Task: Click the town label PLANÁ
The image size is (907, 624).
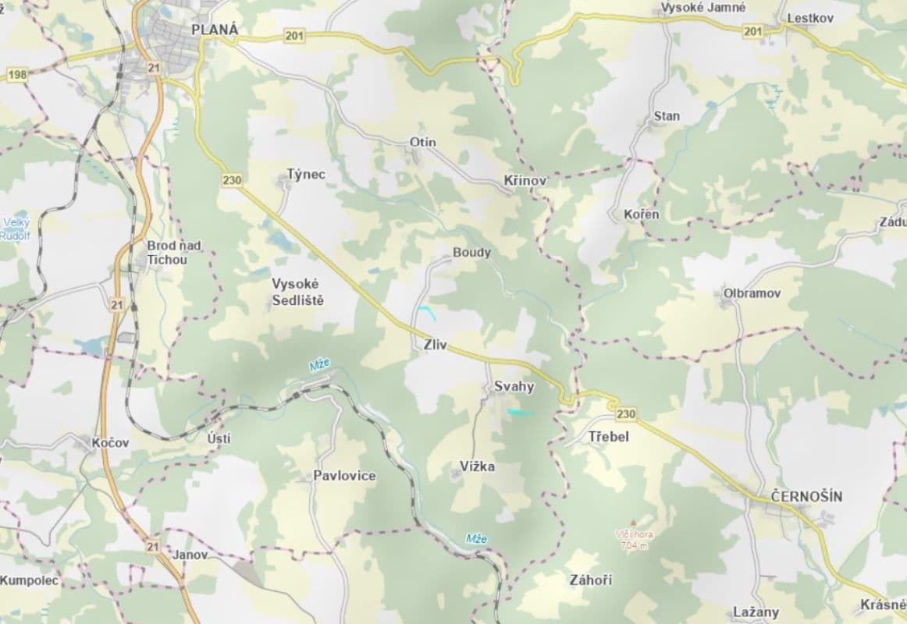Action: point(214,30)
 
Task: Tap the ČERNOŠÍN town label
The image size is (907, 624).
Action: point(806,496)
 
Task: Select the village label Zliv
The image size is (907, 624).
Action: point(434,345)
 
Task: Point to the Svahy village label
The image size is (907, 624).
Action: point(514,387)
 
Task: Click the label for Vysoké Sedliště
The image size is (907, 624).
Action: point(297,291)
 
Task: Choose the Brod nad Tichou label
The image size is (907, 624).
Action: point(173,252)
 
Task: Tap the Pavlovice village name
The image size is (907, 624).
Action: point(344,475)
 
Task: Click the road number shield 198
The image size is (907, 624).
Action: point(16,74)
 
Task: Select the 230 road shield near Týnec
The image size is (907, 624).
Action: point(232,180)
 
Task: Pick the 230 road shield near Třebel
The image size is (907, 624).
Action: point(626,413)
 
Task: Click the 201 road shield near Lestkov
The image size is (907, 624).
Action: point(752,30)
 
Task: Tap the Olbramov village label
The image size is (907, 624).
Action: point(752,293)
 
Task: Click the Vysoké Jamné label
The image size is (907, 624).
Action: point(702,7)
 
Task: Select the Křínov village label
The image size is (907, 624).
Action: point(522,180)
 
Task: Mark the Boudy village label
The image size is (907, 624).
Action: point(472,253)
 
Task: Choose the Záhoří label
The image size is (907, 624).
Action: point(591,580)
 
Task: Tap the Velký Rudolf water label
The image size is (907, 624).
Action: point(15,228)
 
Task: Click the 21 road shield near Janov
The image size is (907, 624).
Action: point(152,546)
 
